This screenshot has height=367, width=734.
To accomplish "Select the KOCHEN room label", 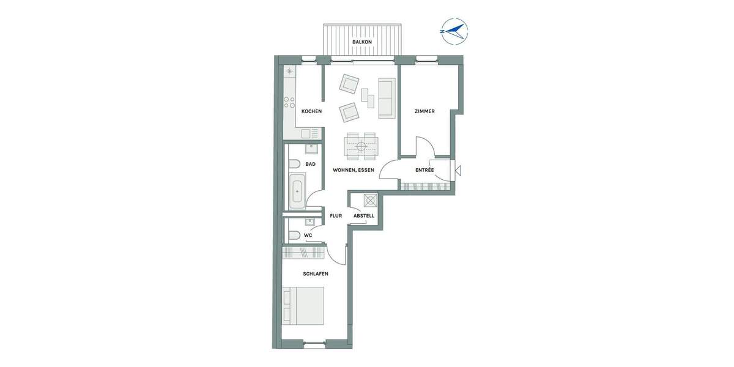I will click(311, 111).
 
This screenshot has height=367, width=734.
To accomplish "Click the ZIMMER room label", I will click(424, 111).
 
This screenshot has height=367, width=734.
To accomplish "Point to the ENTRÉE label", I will click(424, 169).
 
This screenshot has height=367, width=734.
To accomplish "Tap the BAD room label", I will click(310, 164).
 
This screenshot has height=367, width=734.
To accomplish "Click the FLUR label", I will click(336, 216).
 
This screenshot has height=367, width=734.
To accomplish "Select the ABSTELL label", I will click(364, 216).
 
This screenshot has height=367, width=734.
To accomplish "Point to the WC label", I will click(308, 235).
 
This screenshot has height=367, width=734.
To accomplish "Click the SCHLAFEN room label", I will click(316, 274).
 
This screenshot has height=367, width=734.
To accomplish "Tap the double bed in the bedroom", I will click(303, 306).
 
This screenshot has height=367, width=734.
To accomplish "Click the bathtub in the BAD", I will click(298, 191).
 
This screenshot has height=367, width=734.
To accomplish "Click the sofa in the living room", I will click(387, 98).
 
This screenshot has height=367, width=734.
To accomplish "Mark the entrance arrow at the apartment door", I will click(458, 171).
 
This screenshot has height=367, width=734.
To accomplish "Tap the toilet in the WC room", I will click(294, 235).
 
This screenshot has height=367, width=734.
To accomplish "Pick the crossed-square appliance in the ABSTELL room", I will click(369, 201).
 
